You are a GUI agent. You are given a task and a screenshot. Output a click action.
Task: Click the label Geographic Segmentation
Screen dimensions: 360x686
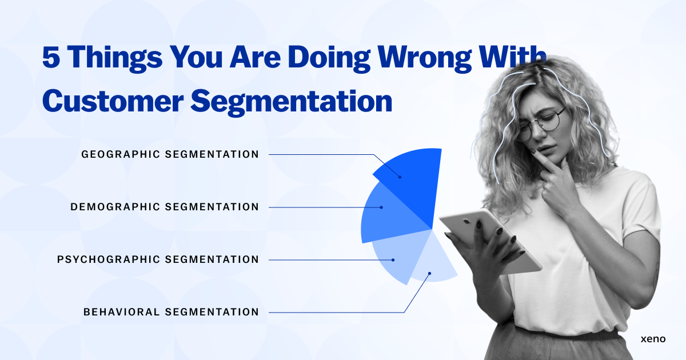coord(170,154)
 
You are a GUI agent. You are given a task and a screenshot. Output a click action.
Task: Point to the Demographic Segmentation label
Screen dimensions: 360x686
coord(165,207)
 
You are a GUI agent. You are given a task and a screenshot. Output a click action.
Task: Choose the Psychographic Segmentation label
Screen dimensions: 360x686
coord(158,259)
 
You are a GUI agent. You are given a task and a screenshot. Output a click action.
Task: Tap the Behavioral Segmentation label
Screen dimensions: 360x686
coord(171,312)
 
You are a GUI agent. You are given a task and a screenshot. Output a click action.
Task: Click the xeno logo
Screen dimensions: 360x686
coord(653,339)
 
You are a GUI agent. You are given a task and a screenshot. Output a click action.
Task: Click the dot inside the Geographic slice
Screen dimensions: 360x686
coord(400,177)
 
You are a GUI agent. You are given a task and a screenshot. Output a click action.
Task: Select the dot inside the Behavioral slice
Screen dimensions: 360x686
coord(430,274)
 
